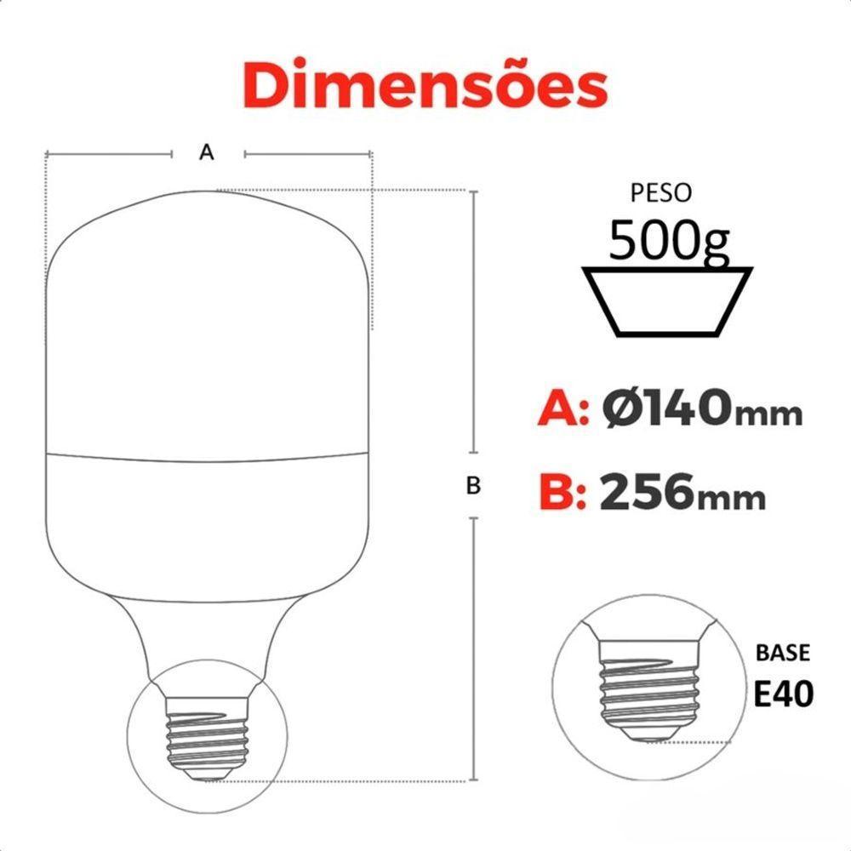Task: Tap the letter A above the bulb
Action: pos(205,152)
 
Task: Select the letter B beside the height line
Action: pos(474,486)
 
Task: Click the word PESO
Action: pos(661,193)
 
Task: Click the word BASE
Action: pos(783,654)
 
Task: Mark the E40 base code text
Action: pos(783,693)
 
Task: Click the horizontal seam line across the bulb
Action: pos(208,454)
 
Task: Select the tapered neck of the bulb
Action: pos(208,638)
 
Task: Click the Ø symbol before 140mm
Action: pos(622,409)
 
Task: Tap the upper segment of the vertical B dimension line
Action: pos(474,323)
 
